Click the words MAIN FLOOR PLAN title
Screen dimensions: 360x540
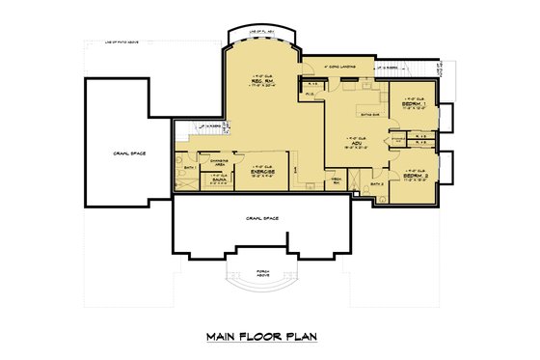pyautogui.click(x=260, y=337)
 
